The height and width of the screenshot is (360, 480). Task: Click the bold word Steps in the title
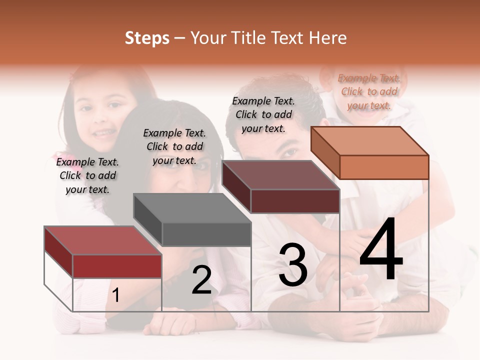click(147, 38)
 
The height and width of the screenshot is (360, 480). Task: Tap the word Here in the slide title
click(328, 38)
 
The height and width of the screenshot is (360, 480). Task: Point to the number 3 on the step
click(293, 265)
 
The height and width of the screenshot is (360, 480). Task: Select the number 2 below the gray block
click(201, 280)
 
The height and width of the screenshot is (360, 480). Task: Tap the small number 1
click(116, 295)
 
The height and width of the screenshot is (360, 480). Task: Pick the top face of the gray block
click(192, 208)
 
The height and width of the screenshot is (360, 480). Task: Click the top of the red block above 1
click(103, 240)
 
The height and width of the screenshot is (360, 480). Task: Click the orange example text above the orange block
click(369, 91)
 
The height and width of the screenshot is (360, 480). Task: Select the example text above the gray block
click(174, 146)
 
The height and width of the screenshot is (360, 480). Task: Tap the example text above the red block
click(87, 175)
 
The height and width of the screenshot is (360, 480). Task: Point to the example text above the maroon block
click(263, 114)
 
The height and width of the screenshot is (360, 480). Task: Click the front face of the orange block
click(384, 167)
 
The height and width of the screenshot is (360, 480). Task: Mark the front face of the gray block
click(206, 234)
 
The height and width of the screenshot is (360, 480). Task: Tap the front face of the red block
click(117, 266)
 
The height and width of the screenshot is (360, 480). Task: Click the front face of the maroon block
click(295, 201)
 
